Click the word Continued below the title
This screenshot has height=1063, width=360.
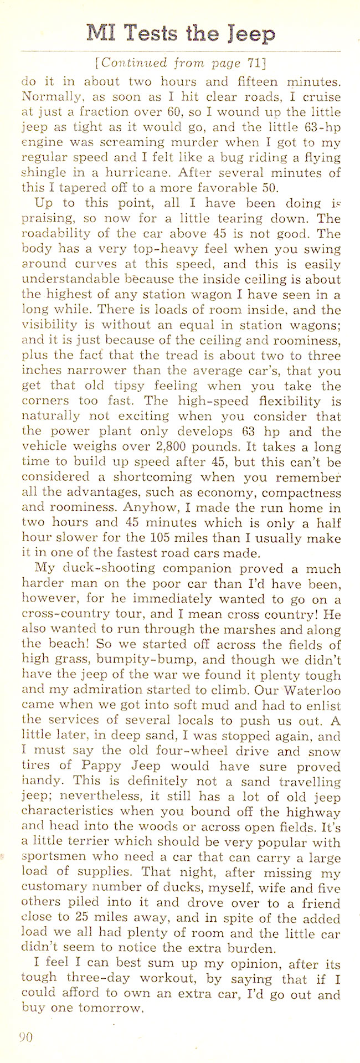tap(133, 63)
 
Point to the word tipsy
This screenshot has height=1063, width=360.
tap(136, 386)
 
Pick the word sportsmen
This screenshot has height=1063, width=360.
tap(53, 858)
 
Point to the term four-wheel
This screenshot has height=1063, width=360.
tap(199, 752)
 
